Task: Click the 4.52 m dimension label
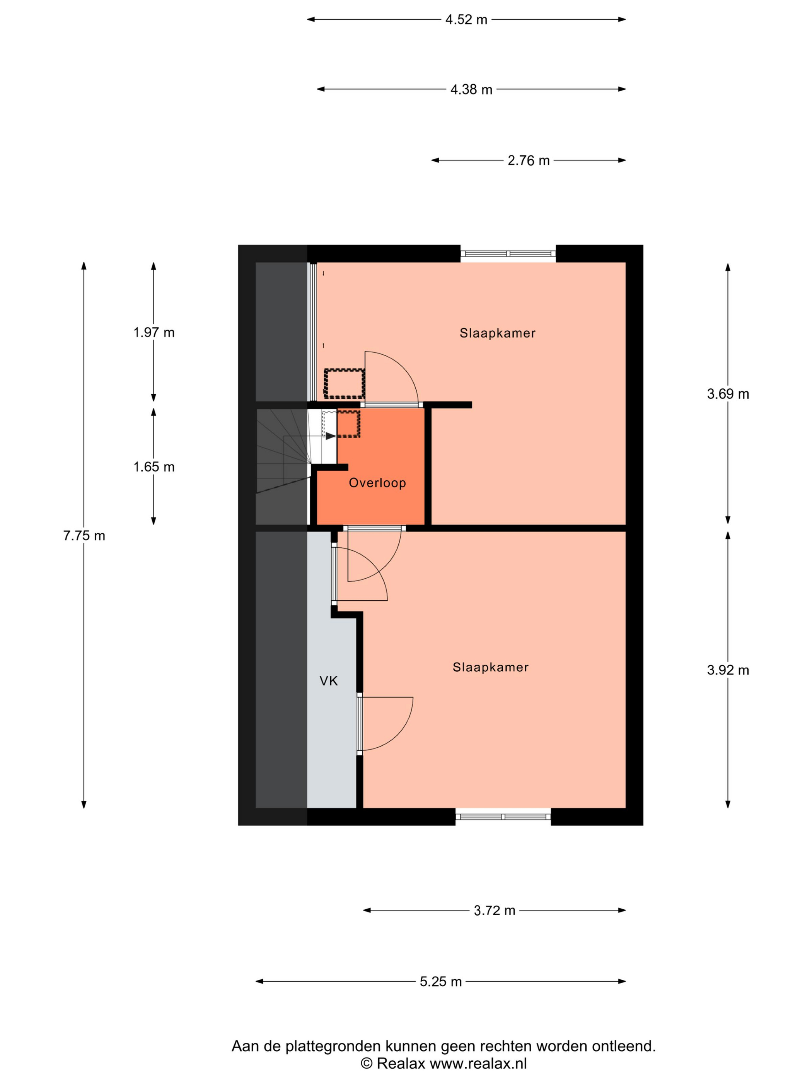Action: (x=466, y=20)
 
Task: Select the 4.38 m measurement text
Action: (x=471, y=90)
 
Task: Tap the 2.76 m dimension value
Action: (x=529, y=161)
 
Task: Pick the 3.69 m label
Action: (x=728, y=394)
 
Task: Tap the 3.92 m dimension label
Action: (x=728, y=670)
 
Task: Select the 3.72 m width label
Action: (x=494, y=910)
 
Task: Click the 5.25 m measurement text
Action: (x=440, y=982)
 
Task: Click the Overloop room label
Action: (x=377, y=483)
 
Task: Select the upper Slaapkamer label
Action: (x=497, y=333)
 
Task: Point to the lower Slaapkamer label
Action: (x=490, y=667)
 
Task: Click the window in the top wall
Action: (x=508, y=254)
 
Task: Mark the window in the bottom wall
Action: (x=503, y=817)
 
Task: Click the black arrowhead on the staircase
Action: (x=331, y=436)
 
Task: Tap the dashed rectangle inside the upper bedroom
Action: (x=345, y=384)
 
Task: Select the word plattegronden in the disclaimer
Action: (x=333, y=1046)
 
